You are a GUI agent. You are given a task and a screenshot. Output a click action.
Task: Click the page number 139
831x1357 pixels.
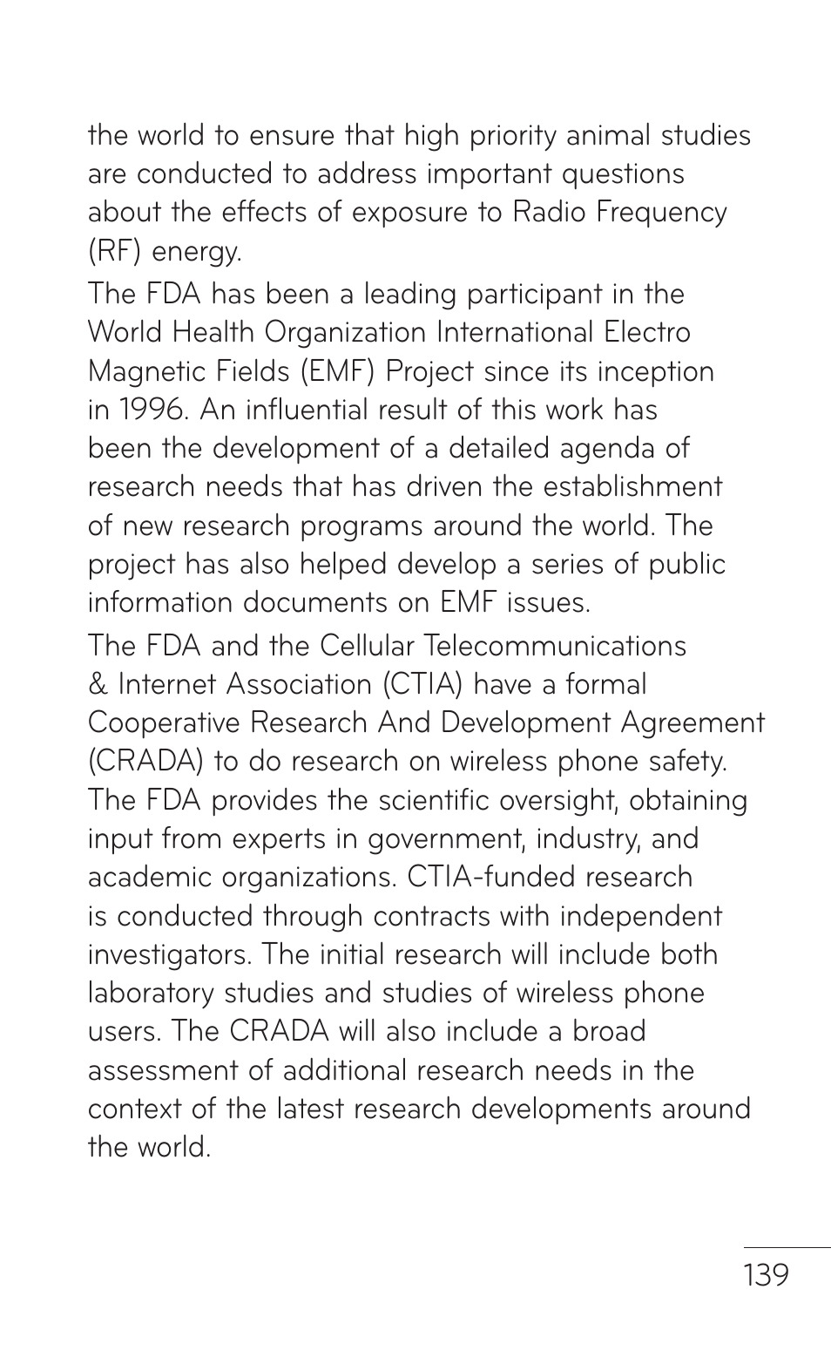(x=766, y=1275)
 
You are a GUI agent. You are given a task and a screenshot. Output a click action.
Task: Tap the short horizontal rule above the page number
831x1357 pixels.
(x=787, y=1247)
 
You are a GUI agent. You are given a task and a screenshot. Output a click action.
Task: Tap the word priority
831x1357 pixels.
(x=513, y=136)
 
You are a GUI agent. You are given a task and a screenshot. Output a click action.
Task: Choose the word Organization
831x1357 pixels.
(x=346, y=333)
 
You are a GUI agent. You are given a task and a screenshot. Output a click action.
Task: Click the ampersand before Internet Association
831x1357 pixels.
(x=98, y=684)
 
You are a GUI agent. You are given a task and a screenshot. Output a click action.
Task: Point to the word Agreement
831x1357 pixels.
(x=692, y=723)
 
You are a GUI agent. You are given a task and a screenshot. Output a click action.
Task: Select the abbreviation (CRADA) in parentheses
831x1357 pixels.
(x=145, y=762)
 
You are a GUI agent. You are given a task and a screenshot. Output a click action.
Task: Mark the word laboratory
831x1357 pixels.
(x=151, y=993)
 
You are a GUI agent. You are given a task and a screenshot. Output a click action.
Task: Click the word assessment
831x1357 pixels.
(x=163, y=1070)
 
